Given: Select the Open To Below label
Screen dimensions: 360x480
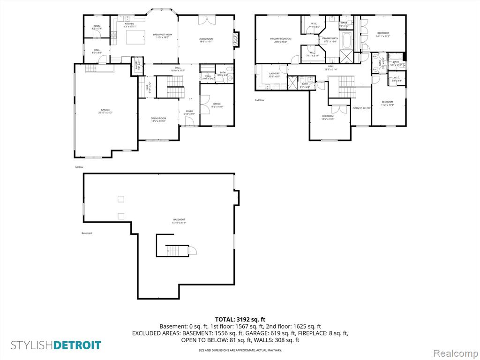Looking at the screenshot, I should coord(361,108).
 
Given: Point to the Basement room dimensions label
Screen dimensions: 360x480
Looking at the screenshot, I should coord(179,223).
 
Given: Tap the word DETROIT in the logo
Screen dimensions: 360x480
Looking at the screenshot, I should coord(77,345).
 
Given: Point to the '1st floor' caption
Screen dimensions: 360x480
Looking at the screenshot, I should coord(79,167).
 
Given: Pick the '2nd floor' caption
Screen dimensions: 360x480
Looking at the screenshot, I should coord(260,100).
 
